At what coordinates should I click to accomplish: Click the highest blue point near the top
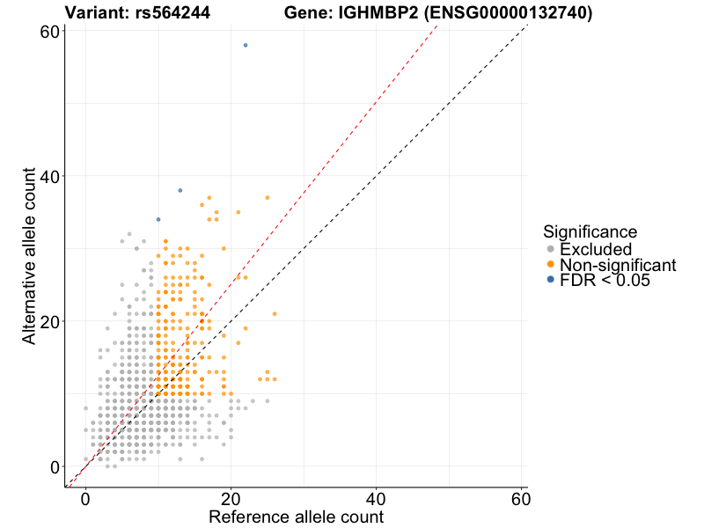(x=246, y=45)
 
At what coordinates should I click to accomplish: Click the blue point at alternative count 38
(x=180, y=190)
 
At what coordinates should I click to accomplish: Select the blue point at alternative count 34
(x=158, y=219)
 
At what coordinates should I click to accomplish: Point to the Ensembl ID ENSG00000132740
(x=512, y=13)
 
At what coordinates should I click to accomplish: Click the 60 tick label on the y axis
(x=49, y=32)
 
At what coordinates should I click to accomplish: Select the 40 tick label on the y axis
(x=49, y=176)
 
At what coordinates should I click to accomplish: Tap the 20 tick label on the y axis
(x=49, y=321)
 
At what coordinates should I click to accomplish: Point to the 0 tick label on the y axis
(x=55, y=466)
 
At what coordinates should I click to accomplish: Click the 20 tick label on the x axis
(x=231, y=498)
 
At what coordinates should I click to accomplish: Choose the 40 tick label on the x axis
(x=377, y=498)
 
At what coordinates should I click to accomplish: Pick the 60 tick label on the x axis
(x=522, y=498)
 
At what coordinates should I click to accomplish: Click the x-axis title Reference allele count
(x=296, y=517)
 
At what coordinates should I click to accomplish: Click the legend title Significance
(x=590, y=232)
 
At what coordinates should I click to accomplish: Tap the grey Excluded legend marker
(x=551, y=250)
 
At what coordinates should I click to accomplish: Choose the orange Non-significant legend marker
(x=551, y=265)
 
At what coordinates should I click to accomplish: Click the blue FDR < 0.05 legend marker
(x=551, y=280)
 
